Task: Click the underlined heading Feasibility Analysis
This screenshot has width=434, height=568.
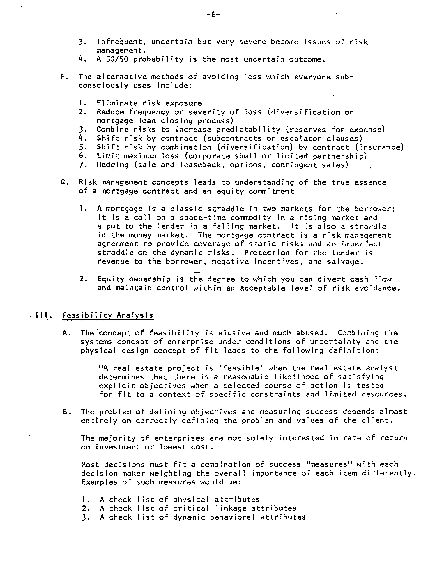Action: pos(108,316)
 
